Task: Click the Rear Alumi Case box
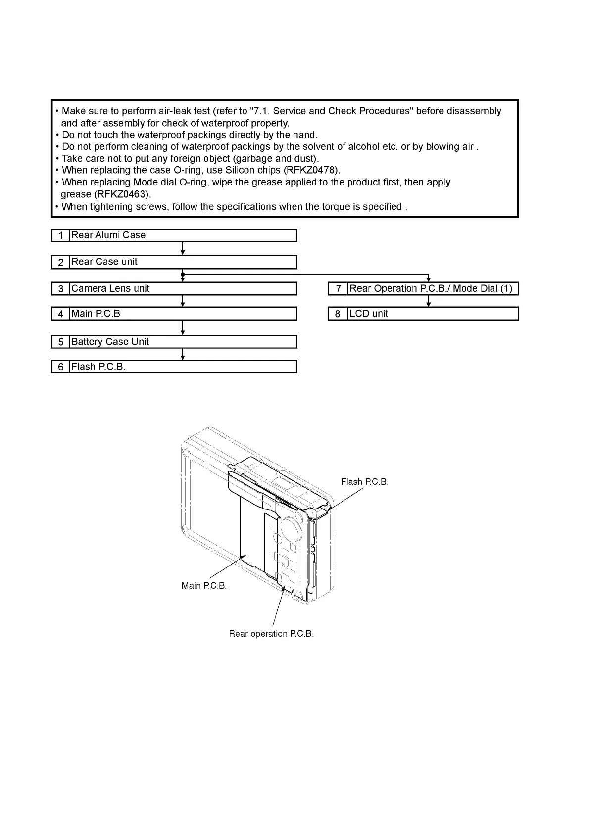tap(183, 235)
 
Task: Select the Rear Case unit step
tap(183, 262)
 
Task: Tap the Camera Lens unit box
tap(183, 288)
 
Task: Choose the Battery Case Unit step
tap(183, 342)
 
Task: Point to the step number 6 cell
tap(60, 367)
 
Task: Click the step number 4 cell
tap(60, 314)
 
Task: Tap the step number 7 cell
tap(338, 288)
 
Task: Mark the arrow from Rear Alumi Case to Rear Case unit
tap(183, 248)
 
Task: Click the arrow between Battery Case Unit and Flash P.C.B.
tap(183, 354)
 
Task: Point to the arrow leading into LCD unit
tap(429, 301)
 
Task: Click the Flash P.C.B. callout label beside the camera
tap(364, 482)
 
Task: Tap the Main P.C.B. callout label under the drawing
tap(204, 586)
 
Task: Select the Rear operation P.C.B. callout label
tap(271, 634)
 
